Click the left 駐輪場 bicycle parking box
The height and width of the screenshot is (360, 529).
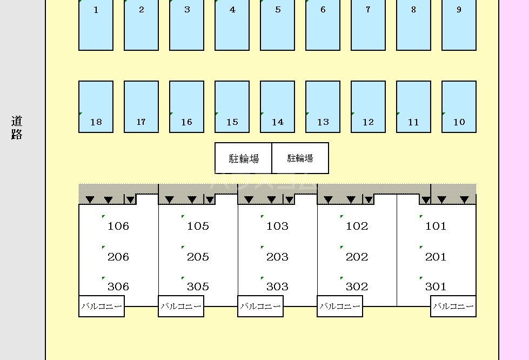point(244,158)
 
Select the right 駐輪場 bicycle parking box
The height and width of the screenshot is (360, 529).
point(300,158)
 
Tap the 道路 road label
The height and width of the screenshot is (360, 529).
point(17,128)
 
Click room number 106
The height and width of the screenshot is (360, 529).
point(118,226)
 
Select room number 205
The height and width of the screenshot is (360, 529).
point(198,257)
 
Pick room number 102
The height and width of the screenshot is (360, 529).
point(357,226)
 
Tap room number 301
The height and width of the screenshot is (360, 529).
point(436,286)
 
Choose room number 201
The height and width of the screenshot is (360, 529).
point(436,257)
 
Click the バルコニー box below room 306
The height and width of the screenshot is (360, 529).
point(102,306)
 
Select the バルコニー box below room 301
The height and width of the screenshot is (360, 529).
point(453,306)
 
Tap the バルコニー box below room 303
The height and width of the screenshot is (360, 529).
point(260,306)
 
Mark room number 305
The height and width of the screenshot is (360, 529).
point(198,286)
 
